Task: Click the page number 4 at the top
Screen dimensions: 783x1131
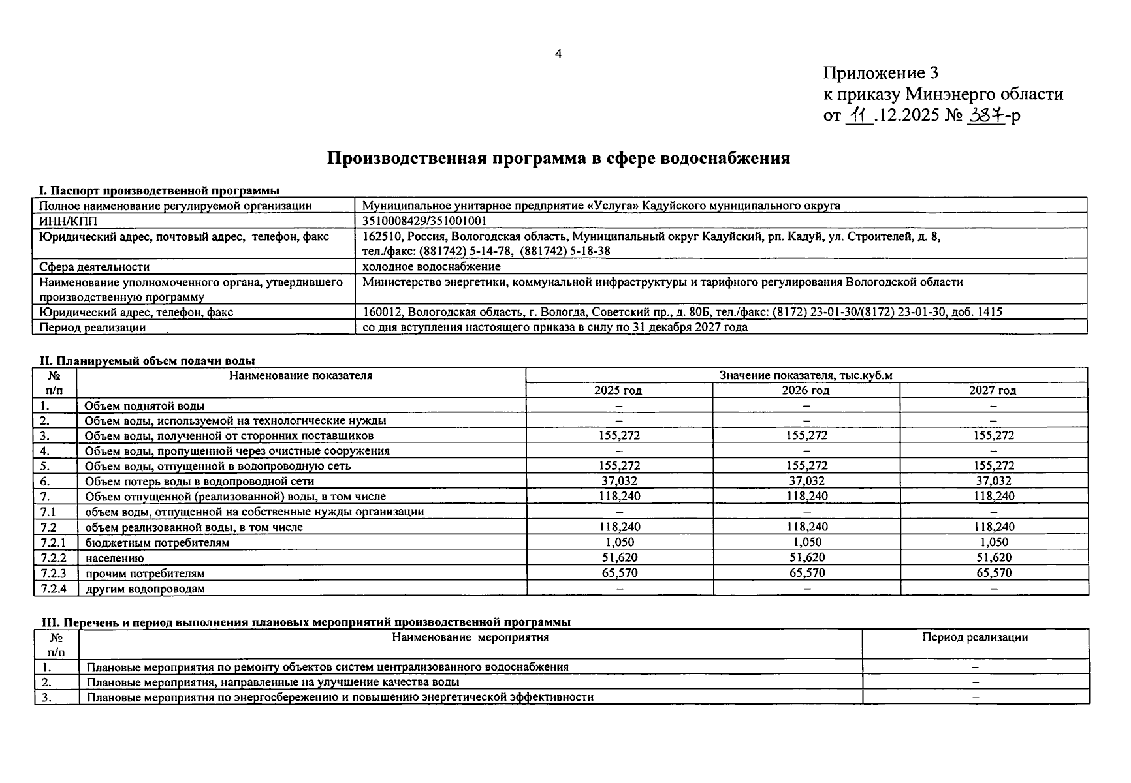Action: (558, 54)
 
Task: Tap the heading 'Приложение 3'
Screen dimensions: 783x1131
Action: (880, 72)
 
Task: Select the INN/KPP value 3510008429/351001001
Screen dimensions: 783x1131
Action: (424, 221)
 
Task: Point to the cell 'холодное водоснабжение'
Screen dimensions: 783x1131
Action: (432, 266)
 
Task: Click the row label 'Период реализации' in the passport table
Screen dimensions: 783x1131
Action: (93, 328)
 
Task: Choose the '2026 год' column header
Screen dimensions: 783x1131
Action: (806, 390)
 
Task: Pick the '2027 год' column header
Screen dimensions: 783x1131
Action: (993, 390)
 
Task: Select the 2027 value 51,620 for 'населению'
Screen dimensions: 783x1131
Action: (994, 557)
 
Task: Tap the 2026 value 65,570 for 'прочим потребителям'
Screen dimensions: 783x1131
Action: (806, 573)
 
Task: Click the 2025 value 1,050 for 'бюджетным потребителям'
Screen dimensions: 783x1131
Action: (619, 542)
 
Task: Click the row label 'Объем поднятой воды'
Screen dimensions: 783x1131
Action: (144, 406)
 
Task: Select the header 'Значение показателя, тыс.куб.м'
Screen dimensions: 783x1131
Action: (806, 375)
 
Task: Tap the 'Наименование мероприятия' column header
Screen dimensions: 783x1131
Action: (470, 637)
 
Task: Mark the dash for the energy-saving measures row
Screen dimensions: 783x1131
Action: (975, 697)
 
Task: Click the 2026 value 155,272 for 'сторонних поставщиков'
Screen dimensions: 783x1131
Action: (806, 435)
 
